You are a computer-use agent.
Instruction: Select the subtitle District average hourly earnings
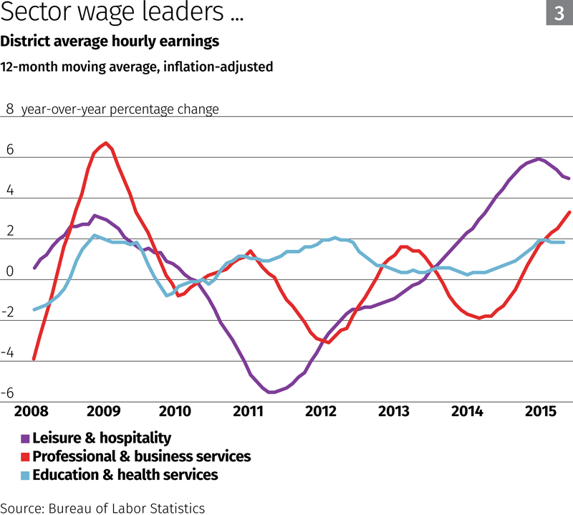pyautogui.click(x=110, y=42)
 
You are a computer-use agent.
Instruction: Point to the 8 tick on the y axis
pyautogui.click(x=10, y=110)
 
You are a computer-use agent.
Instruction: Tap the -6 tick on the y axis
pyautogui.click(x=9, y=393)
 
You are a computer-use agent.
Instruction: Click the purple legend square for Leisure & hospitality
pyautogui.click(x=26, y=438)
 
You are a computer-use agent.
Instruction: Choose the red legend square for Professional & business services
pyautogui.click(x=26, y=457)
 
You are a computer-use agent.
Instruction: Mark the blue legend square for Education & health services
pyautogui.click(x=26, y=476)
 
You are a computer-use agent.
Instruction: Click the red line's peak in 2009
pyautogui.click(x=106, y=143)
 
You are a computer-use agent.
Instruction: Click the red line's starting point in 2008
pyautogui.click(x=34, y=359)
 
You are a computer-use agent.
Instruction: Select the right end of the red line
pyautogui.click(x=569, y=212)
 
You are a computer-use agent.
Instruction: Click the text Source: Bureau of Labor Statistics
pyautogui.click(x=102, y=508)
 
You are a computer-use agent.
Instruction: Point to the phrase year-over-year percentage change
pyautogui.click(x=120, y=110)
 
